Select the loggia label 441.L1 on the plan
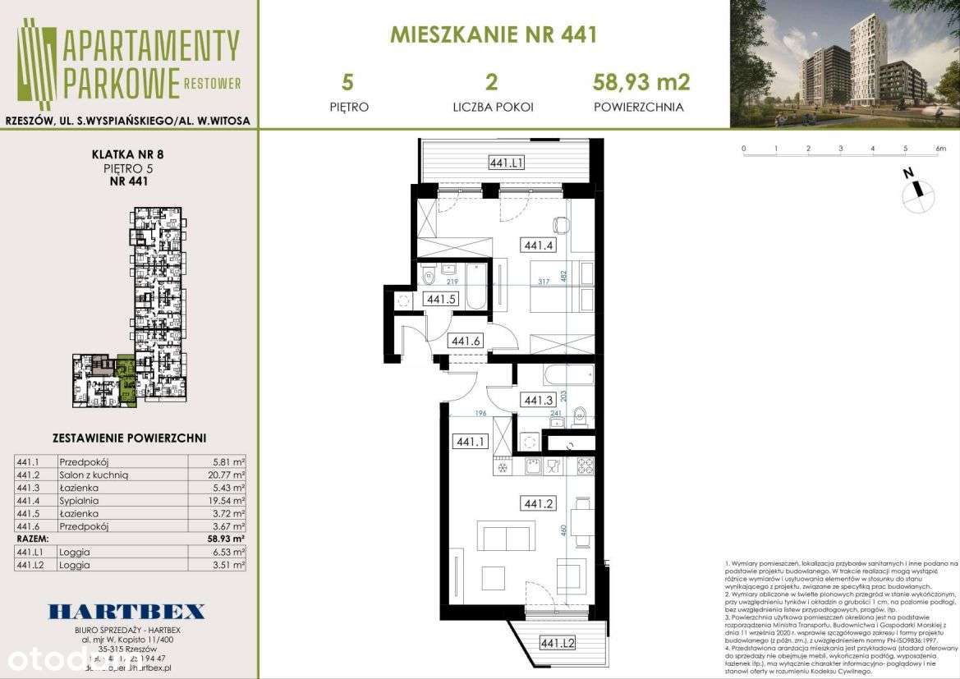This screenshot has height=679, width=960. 506,163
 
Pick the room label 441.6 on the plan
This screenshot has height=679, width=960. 466,342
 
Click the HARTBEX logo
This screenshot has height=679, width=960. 128,611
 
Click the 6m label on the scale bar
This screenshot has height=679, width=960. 940,149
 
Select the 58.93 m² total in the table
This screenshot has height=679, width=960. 226,539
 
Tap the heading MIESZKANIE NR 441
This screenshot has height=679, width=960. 493,34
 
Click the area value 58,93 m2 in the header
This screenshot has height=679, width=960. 641,82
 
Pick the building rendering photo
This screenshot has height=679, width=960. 844,64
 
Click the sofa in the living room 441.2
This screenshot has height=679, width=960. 507,539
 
